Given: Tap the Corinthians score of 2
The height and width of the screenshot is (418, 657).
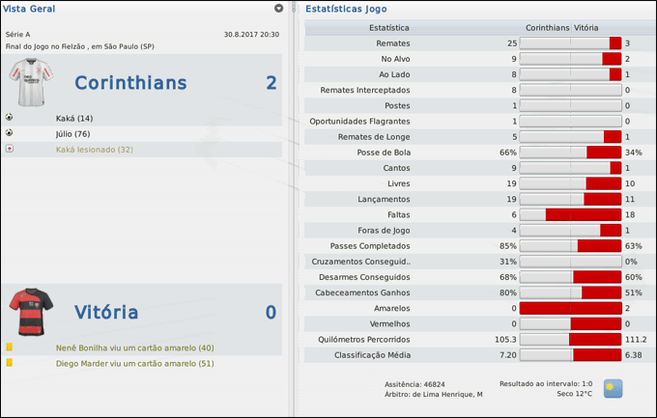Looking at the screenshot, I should coord(271,83).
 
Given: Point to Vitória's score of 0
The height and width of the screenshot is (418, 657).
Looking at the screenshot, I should coord(271,312).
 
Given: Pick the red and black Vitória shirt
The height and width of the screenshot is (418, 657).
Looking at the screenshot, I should coord(31,310).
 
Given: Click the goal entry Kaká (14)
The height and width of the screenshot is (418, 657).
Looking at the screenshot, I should coord(74,118).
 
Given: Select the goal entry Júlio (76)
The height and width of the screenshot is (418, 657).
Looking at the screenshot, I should coord(73,133).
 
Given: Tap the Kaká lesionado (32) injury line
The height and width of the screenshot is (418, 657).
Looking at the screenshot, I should coord(95,149).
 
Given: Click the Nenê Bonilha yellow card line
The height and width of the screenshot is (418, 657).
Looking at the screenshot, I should coord(135,348).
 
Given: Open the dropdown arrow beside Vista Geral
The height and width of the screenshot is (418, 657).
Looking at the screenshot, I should coord(279,9).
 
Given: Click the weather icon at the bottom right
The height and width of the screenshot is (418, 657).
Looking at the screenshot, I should coord(613,388).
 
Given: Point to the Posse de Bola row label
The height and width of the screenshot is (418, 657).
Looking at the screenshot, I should coord(386,153).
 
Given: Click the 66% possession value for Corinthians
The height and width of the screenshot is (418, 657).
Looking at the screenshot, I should coord(508,153).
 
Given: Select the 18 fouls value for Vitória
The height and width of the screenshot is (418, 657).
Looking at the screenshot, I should coord(630,214).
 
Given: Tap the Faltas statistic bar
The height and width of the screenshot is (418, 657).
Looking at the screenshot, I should coord(570,214).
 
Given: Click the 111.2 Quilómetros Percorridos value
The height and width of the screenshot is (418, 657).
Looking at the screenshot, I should coord(636,339).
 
